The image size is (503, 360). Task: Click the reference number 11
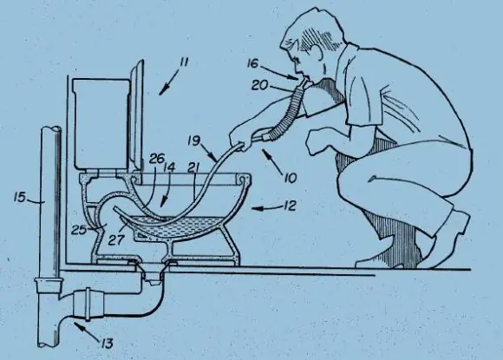point(184,62)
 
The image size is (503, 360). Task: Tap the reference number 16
point(252,64)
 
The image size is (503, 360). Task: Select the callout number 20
point(259,85)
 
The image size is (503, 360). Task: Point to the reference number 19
point(194,141)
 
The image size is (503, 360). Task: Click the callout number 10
point(291,178)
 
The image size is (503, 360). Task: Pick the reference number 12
point(290,206)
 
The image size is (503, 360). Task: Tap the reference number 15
point(20,197)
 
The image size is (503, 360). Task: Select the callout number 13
point(107,344)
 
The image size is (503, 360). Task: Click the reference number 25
point(79,230)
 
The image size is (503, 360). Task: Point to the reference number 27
point(116,239)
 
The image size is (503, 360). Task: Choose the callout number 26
point(157,159)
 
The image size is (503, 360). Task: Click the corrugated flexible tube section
point(287,112)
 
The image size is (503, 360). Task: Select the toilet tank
point(100,123)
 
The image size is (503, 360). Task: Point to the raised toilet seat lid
point(136,115)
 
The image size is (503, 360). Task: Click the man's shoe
point(449,239)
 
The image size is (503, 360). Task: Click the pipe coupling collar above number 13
point(88,304)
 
